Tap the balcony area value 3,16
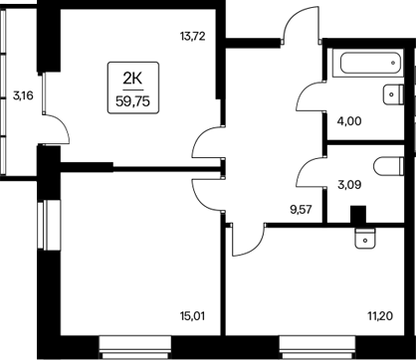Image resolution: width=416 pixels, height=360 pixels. point(21,96)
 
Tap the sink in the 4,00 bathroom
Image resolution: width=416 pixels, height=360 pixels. point(390,97)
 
